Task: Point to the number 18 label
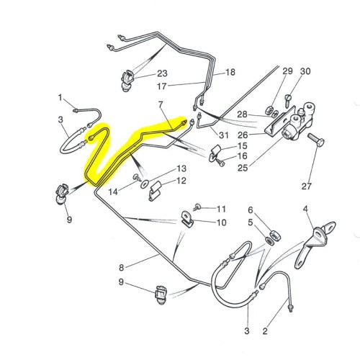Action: click(230, 73)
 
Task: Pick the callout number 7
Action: click(162, 105)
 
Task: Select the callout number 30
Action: click(305, 71)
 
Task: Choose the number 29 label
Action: click(287, 71)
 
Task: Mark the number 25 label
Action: click(241, 168)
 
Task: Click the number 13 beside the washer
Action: click(181, 168)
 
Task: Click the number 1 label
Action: click(60, 96)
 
